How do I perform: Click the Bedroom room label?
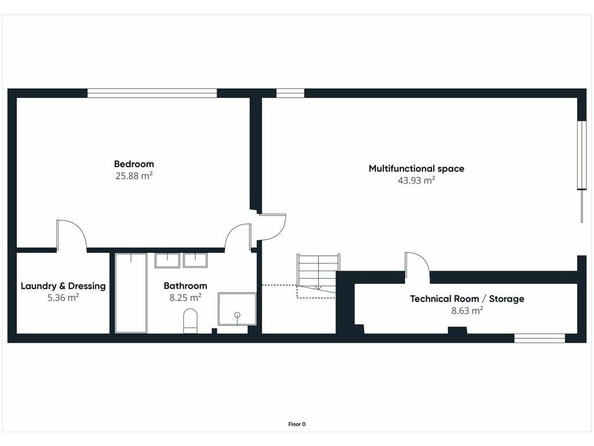tap(134, 164)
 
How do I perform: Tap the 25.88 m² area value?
tap(134, 176)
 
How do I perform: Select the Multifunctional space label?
tap(416, 169)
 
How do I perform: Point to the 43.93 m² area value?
tap(416, 181)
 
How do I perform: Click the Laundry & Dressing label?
tap(63, 286)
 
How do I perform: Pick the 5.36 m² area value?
tap(63, 298)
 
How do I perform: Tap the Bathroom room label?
tap(185, 286)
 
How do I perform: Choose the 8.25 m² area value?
tap(185, 298)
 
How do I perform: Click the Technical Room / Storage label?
tap(467, 299)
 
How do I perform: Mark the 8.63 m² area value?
tap(467, 311)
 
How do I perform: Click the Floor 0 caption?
tap(297, 425)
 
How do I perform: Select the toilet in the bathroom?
tap(190, 321)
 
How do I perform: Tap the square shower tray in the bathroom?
tap(237, 309)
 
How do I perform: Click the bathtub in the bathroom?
tap(131, 293)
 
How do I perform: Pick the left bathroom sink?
tap(167, 261)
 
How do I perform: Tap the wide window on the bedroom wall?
tap(153, 93)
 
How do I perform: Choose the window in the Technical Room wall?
tap(539, 339)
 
